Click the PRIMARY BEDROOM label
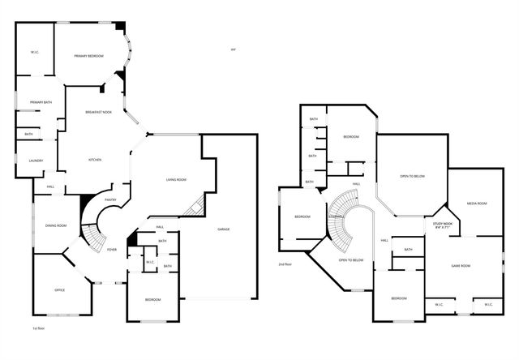(x=88, y=55)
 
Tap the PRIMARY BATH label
(x=41, y=101)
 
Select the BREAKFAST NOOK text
(x=99, y=112)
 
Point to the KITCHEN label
(x=95, y=160)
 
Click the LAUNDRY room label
(x=36, y=161)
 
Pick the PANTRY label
(x=111, y=199)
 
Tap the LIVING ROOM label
(x=177, y=180)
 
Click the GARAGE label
(x=223, y=229)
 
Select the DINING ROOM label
(x=56, y=225)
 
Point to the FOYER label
(x=112, y=249)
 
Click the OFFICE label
(x=59, y=289)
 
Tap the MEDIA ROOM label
(x=476, y=203)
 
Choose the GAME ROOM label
(x=461, y=265)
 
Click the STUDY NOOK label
(x=443, y=224)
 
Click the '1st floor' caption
(x=37, y=328)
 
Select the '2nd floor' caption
(x=285, y=264)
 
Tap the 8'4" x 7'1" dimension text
(x=443, y=229)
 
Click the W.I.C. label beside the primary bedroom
(x=36, y=52)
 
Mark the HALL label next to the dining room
(x=50, y=187)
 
